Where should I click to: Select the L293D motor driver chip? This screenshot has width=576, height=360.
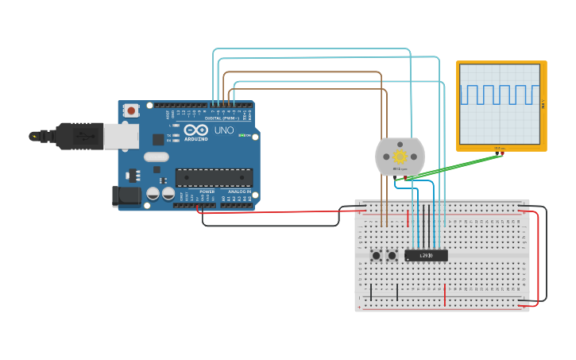click(426, 255)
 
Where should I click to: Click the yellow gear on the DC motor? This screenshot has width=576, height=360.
click(400, 157)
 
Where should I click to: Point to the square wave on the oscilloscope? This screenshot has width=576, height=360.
click(500, 95)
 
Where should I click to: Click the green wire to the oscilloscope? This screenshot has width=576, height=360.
click(457, 166)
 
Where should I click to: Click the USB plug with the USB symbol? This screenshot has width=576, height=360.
click(79, 136)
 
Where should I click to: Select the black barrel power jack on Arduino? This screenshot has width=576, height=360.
click(125, 196)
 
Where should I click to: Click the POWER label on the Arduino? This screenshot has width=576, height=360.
click(207, 192)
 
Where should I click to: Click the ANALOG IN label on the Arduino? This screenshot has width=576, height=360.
click(239, 192)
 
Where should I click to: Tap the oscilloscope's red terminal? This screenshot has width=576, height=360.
click(504, 153)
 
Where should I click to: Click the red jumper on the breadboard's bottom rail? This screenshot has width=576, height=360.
click(445, 295)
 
